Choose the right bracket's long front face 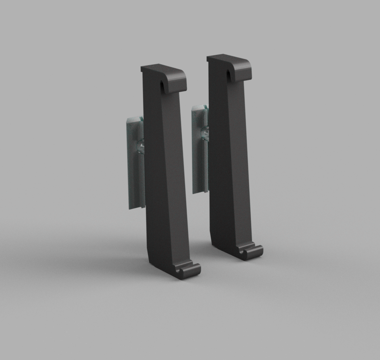tap(229, 163)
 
